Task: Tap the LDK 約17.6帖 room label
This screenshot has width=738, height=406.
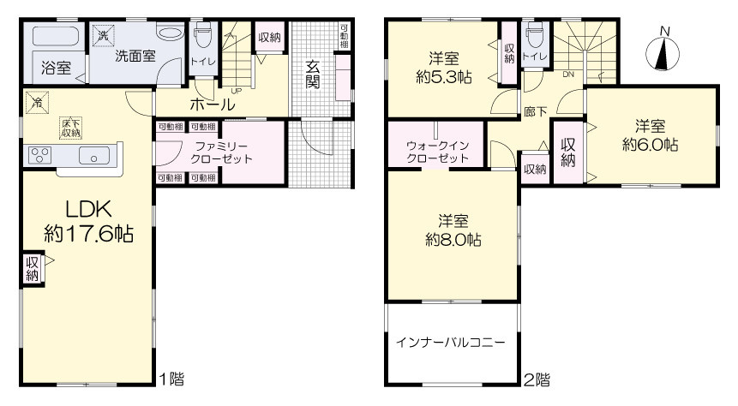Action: point(89,221)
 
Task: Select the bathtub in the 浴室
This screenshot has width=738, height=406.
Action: point(56,37)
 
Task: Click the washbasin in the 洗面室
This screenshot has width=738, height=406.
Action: point(171,33)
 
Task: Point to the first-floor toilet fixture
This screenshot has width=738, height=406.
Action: point(203,34)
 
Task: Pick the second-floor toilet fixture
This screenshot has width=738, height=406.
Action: point(535,34)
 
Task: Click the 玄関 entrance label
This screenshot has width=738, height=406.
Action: point(313,75)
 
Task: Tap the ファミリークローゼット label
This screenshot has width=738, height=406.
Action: point(221,152)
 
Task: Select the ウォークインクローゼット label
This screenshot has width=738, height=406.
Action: point(437,152)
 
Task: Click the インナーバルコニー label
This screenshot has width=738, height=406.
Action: point(450,342)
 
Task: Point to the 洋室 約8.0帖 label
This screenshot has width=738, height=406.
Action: point(453,230)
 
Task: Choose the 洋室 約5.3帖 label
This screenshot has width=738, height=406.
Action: point(444,68)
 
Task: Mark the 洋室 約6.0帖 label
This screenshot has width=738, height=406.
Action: point(651,135)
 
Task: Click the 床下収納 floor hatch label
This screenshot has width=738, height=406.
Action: point(70,128)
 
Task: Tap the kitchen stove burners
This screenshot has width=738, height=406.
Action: point(40,155)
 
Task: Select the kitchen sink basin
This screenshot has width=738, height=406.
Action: point(94,155)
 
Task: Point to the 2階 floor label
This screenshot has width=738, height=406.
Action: point(537,379)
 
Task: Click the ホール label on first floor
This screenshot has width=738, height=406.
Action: point(213,104)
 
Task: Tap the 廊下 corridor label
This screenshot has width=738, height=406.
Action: point(536,111)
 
